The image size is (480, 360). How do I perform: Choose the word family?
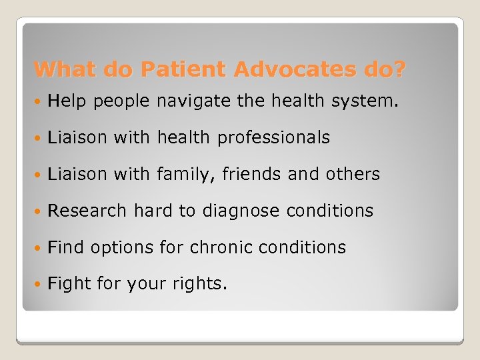tap(182, 175)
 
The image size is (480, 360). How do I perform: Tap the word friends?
tap(246, 175)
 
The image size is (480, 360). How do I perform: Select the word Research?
tap(87, 211)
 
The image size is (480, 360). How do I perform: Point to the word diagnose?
tap(241, 211)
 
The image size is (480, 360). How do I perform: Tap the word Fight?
tap(69, 285)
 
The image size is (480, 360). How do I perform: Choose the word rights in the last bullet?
tap(202, 285)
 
